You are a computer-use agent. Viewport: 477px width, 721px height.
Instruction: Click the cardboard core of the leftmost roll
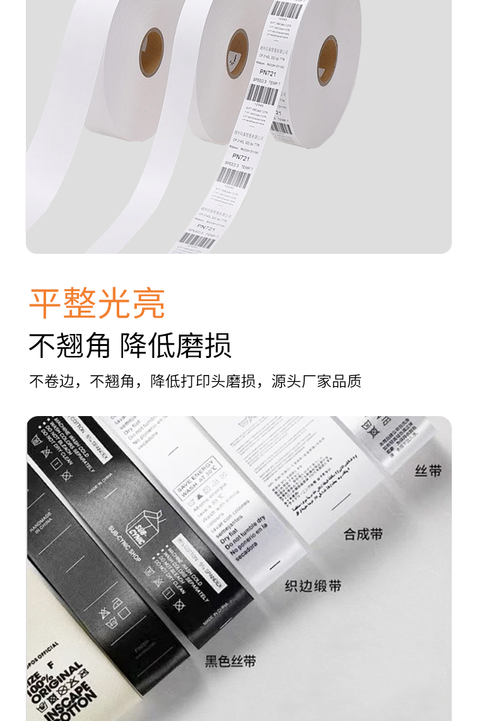(x=151, y=51)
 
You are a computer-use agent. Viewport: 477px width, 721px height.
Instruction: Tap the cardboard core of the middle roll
(x=237, y=54)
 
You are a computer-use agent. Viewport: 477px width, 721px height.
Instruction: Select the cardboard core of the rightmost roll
(x=326, y=60)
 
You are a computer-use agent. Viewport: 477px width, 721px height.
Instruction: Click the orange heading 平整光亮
(x=97, y=304)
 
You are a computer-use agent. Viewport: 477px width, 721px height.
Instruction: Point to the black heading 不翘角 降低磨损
(x=130, y=345)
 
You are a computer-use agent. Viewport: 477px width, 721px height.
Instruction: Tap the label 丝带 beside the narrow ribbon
(x=428, y=471)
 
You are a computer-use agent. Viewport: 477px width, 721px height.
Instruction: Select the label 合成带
(x=363, y=534)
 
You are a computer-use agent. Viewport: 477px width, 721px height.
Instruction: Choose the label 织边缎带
(x=313, y=586)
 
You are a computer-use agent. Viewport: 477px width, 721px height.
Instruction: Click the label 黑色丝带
(x=230, y=661)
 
